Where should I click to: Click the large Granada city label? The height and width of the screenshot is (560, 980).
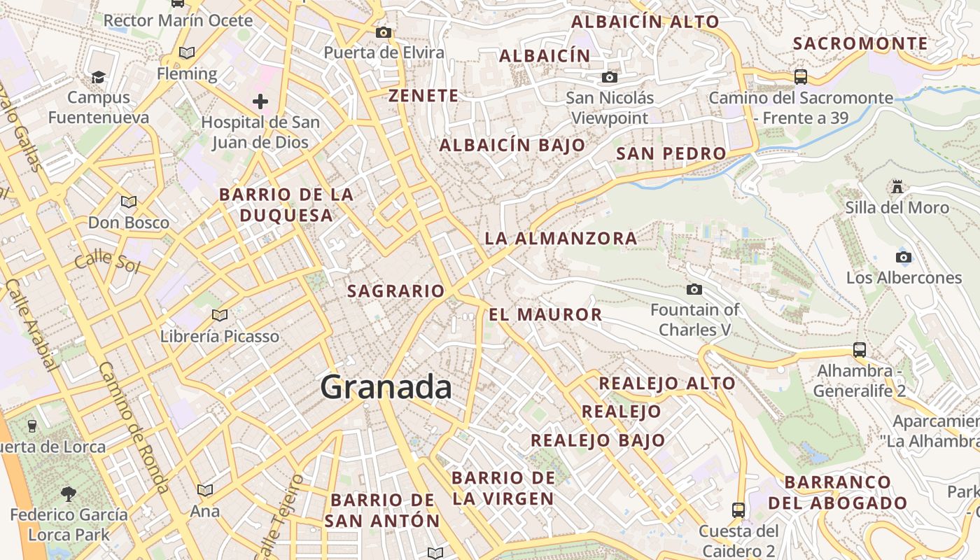[x=386, y=387]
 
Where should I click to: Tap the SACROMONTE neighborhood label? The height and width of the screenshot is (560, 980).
[x=860, y=43]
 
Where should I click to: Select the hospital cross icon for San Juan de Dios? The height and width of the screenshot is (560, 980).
[x=260, y=101]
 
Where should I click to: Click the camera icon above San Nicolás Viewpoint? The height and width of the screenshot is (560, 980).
[x=610, y=77]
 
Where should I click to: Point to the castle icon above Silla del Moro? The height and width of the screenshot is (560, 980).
[x=897, y=186]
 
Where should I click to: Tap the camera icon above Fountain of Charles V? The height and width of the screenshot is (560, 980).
[x=694, y=289]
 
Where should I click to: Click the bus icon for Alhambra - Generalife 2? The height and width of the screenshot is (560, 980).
[x=859, y=349]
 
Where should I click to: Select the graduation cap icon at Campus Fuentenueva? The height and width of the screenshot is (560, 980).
[x=99, y=76]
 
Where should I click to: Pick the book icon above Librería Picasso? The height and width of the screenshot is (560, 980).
[x=220, y=315]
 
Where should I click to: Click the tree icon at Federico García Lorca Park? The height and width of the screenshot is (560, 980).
[x=69, y=494]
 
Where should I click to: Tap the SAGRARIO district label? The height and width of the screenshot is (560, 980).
[x=396, y=291]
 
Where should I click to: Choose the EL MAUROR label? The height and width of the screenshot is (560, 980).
[x=545, y=315]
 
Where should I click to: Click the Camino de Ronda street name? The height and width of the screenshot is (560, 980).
[x=133, y=427]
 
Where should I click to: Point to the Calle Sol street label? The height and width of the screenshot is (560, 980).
[x=107, y=261]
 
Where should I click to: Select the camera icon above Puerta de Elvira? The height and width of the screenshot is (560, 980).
[x=383, y=32]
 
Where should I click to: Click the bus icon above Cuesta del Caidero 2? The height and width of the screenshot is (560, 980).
[x=738, y=510]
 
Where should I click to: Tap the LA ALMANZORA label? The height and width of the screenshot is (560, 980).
[x=561, y=239]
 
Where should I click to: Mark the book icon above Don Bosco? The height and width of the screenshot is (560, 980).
[x=128, y=202]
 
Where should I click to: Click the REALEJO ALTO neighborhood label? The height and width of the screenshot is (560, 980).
[x=667, y=384]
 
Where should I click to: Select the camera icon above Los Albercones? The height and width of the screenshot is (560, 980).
[x=904, y=257]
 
